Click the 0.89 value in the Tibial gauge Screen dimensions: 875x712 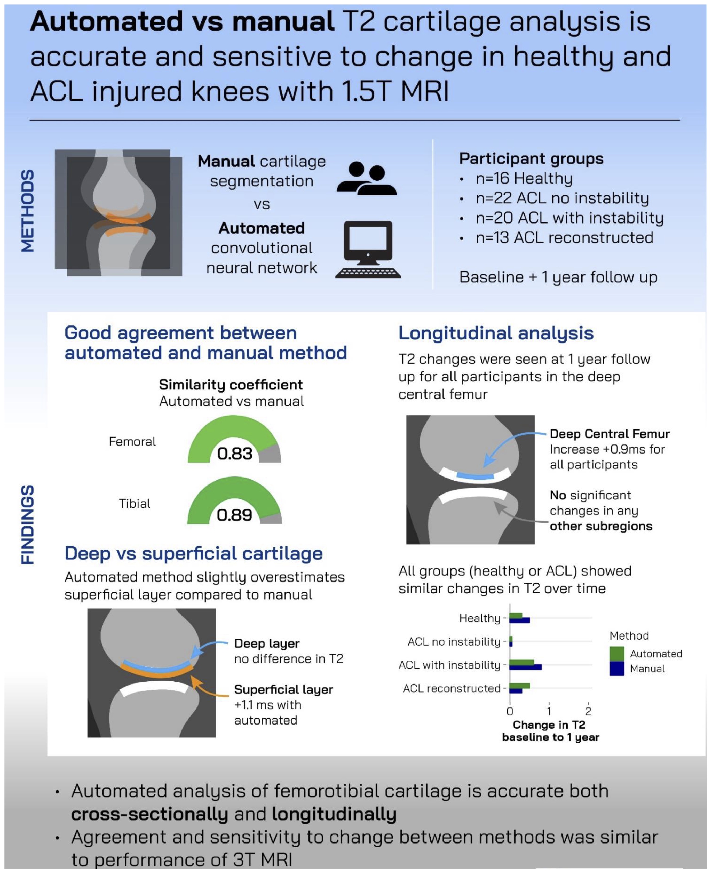(234, 515)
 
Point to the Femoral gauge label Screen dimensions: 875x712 (132, 442)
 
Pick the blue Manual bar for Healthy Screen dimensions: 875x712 (520, 621)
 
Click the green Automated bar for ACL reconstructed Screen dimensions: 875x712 (520, 686)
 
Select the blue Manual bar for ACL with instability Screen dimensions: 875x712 (525, 667)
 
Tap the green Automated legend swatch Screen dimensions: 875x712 (616, 653)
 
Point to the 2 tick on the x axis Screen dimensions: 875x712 (588, 711)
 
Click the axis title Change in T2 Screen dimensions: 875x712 (549, 725)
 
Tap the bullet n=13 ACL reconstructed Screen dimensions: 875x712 (564, 238)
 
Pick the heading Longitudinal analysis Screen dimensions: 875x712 (496, 333)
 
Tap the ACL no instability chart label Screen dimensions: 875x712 (454, 642)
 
